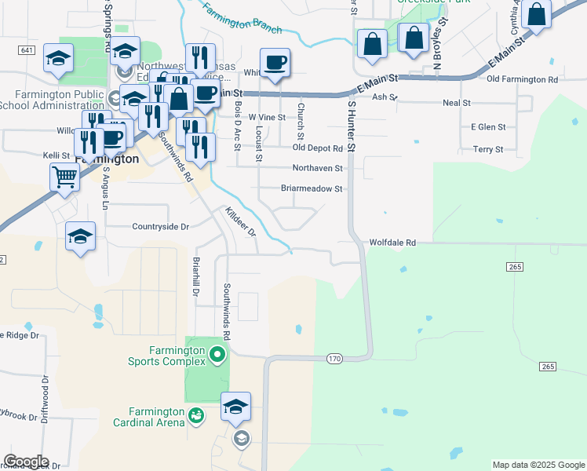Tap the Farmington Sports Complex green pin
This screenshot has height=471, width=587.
[217, 356]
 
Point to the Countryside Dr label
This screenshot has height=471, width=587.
[161, 227]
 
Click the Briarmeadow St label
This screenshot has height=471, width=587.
[312, 188]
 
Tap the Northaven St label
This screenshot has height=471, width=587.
[317, 168]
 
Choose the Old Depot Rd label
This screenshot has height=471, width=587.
[317, 148]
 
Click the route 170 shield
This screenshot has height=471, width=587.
[335, 359]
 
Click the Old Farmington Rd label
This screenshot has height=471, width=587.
[522, 79]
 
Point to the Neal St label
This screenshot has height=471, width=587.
[456, 102]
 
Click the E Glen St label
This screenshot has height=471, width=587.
[488, 126]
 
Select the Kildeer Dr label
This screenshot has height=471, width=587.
[241, 222]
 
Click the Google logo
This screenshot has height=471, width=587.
[26, 462]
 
